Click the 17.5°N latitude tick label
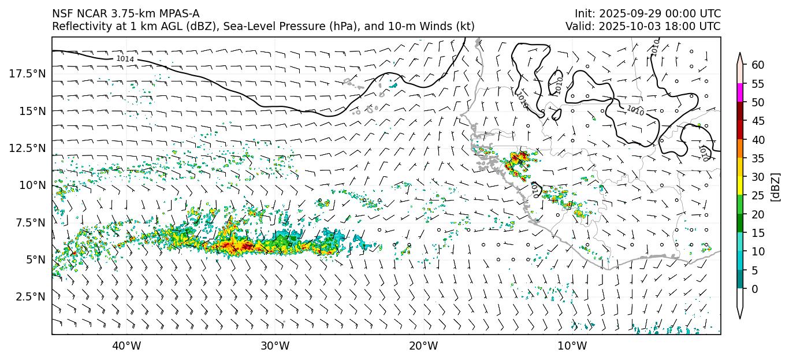(27, 73)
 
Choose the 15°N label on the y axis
(32, 110)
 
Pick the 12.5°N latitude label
(27, 148)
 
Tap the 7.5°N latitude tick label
(29, 222)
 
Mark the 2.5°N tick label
(29, 296)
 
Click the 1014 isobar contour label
(125, 59)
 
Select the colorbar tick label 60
(758, 65)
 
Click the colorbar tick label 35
(758, 158)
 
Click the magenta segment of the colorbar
(740, 93)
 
